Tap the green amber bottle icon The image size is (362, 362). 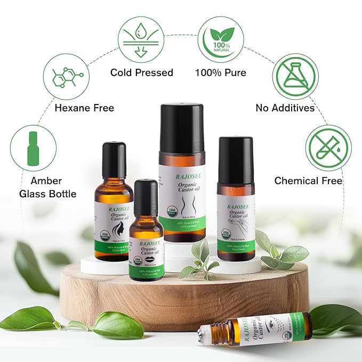pyautogui.click(x=33, y=148)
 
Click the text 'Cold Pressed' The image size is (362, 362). pyautogui.click(x=142, y=73)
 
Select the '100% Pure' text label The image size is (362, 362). pyautogui.click(x=220, y=73)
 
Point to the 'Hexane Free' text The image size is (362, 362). pyautogui.click(x=84, y=108)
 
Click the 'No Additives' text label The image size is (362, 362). pyautogui.click(x=285, y=108)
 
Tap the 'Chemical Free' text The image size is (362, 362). pyautogui.click(x=308, y=181)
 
